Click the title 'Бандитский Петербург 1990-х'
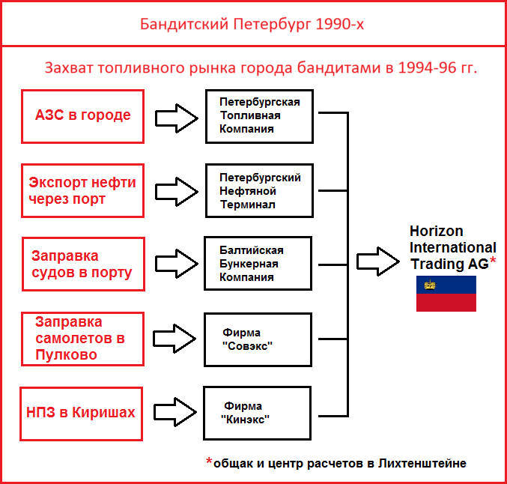(252, 24)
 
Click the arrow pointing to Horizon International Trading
(378, 261)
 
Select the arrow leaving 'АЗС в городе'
(177, 118)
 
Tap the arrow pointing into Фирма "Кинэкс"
(175, 412)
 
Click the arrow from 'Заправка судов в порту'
(177, 264)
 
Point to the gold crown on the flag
(430, 285)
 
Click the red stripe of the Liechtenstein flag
(446, 303)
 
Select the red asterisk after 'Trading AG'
(493, 261)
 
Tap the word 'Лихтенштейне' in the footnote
(422, 463)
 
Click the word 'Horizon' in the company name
(436, 231)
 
